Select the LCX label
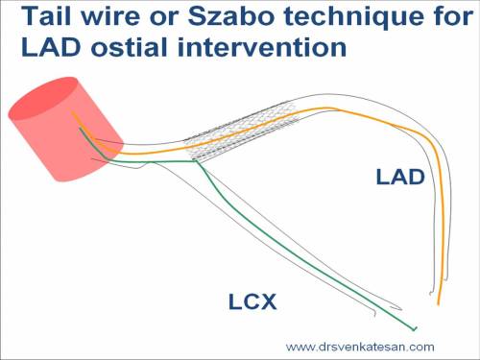coord(252,303)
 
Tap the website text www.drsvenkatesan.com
coord(360,347)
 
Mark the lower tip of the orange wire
coord(440,304)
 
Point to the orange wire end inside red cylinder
coord(72,113)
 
